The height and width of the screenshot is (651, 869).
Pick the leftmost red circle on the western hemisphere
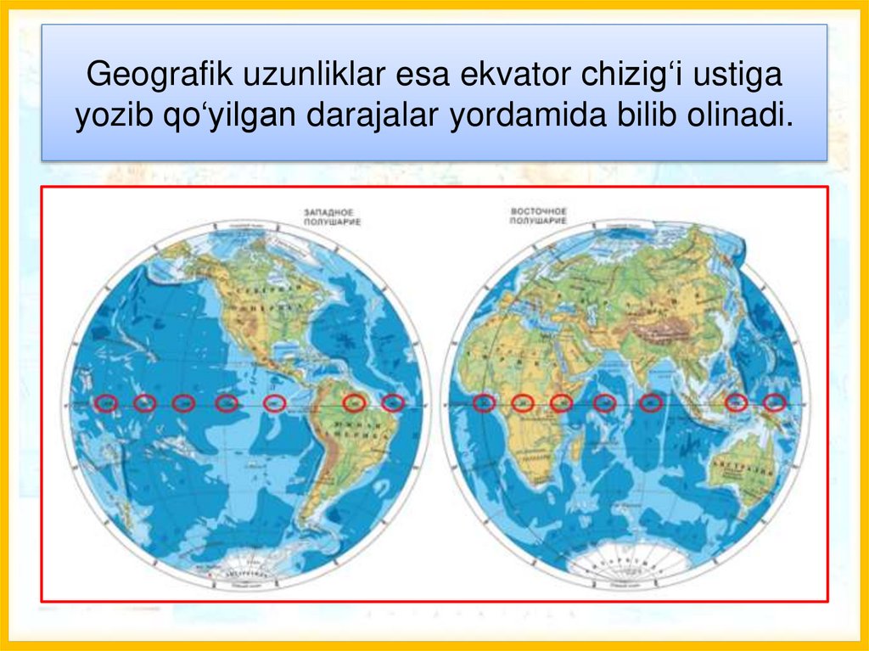[106, 404]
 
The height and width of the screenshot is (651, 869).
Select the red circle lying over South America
[354, 402]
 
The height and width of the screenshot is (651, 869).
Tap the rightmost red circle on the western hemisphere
[392, 403]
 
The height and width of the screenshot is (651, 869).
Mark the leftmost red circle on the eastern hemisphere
[485, 403]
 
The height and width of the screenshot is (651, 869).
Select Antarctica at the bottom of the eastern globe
[624, 564]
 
